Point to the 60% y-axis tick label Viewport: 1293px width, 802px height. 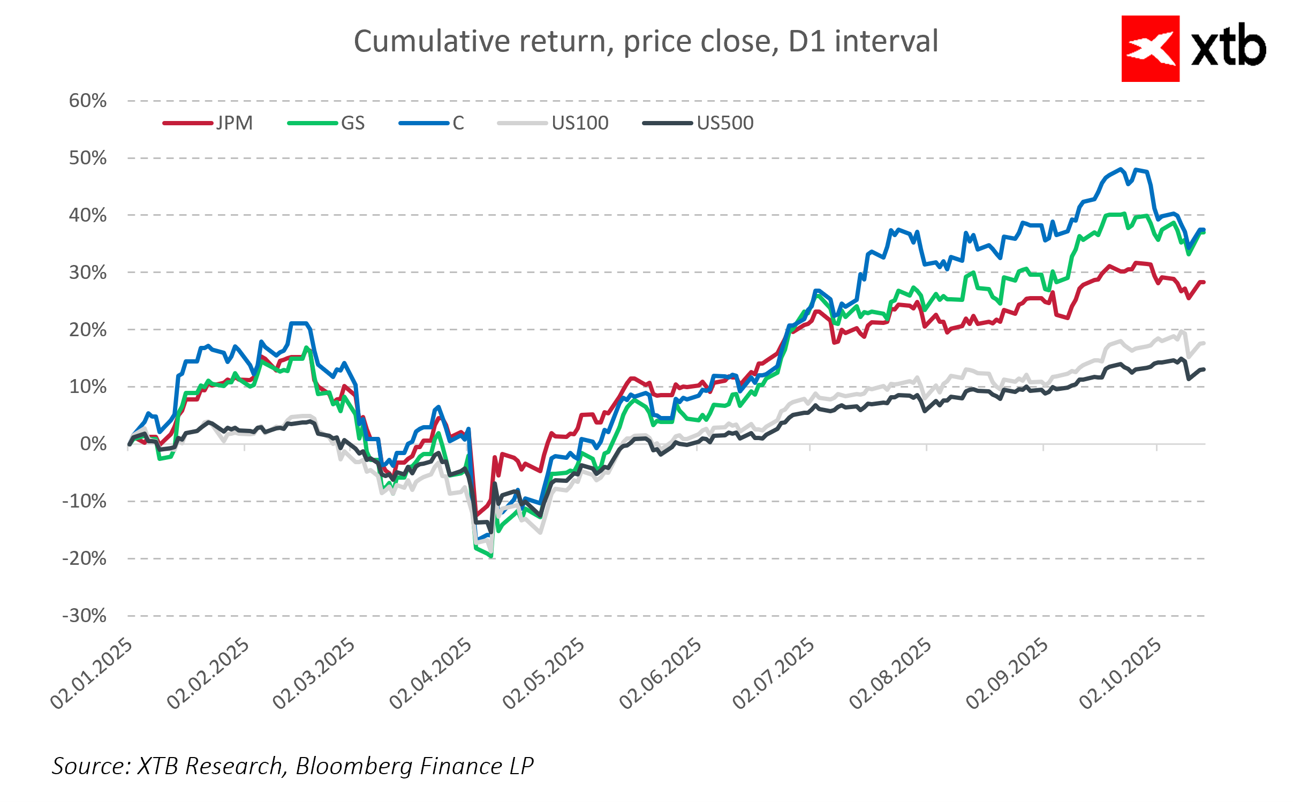tap(88, 101)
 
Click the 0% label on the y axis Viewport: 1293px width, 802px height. tap(93, 444)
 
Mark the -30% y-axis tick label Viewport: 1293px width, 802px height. tap(85, 616)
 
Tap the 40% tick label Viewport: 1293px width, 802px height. tap(88, 215)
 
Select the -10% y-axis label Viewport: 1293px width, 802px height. tap(85, 501)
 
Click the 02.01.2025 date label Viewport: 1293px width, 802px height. tap(91, 674)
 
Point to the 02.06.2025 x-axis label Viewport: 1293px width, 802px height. tap(660, 674)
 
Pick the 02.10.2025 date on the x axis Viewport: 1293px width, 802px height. tap(1120, 674)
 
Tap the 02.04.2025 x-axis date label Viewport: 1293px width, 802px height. tap(430, 674)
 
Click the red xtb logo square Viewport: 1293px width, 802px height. tap(1150, 49)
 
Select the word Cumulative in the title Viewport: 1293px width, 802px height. tap(432, 41)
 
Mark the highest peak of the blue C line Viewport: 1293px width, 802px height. tap(1120, 170)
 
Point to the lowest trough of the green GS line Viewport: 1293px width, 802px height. tap(491, 556)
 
